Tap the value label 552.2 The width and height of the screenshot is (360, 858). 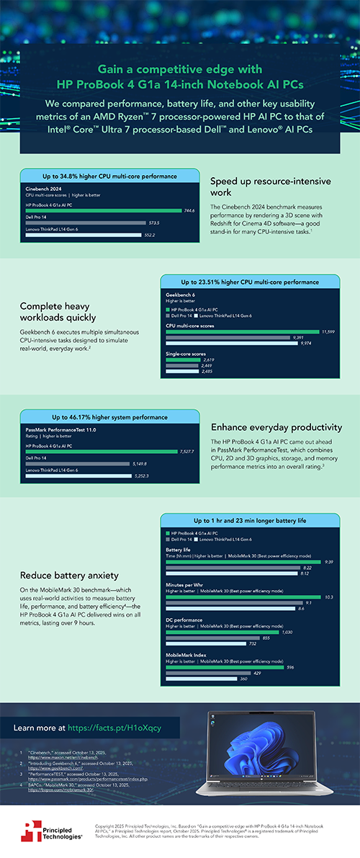[x=171, y=235]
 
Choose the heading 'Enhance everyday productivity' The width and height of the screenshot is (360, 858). [x=277, y=426]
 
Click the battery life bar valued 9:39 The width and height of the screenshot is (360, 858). [x=245, y=561]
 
